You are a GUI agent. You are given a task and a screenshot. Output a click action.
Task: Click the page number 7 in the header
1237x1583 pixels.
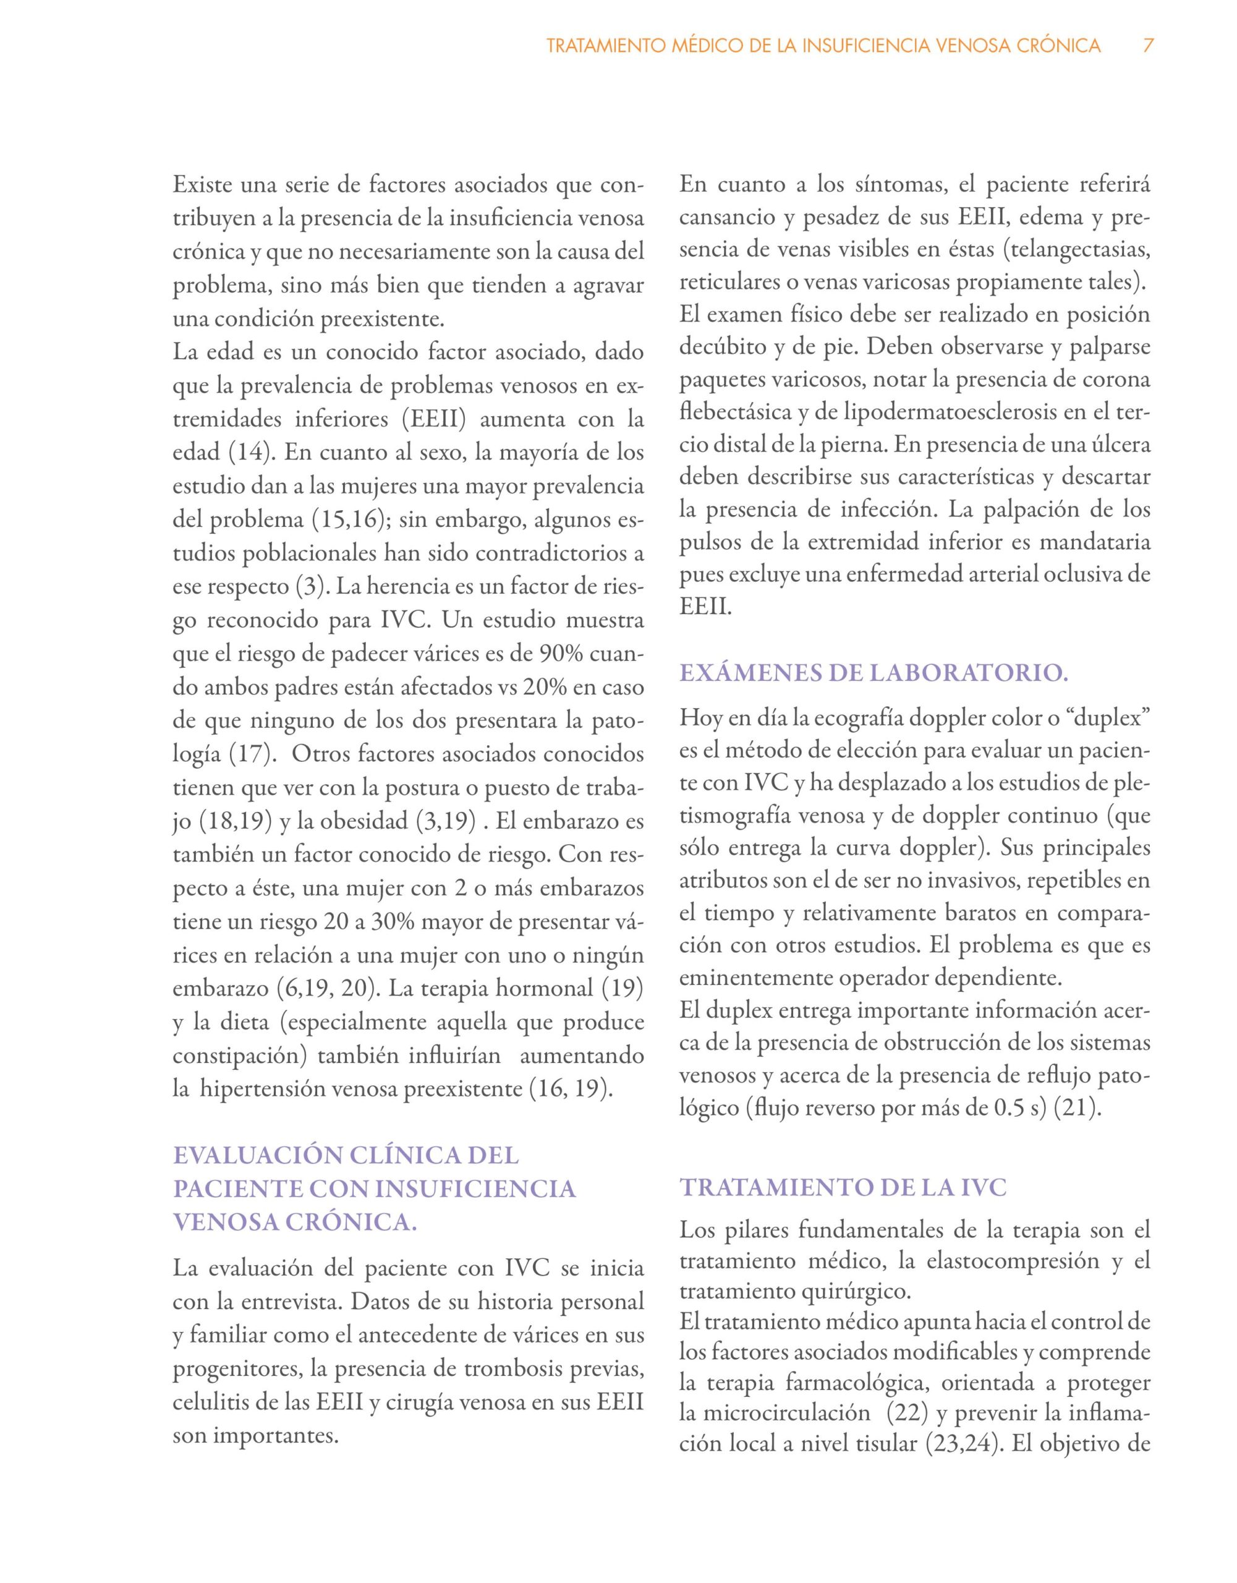pos(1148,46)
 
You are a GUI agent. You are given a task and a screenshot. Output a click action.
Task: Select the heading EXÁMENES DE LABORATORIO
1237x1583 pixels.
pos(874,673)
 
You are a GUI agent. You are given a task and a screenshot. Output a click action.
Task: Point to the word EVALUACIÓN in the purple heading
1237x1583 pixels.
pos(257,1155)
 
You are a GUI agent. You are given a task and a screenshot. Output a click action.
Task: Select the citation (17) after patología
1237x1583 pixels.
pos(250,754)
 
